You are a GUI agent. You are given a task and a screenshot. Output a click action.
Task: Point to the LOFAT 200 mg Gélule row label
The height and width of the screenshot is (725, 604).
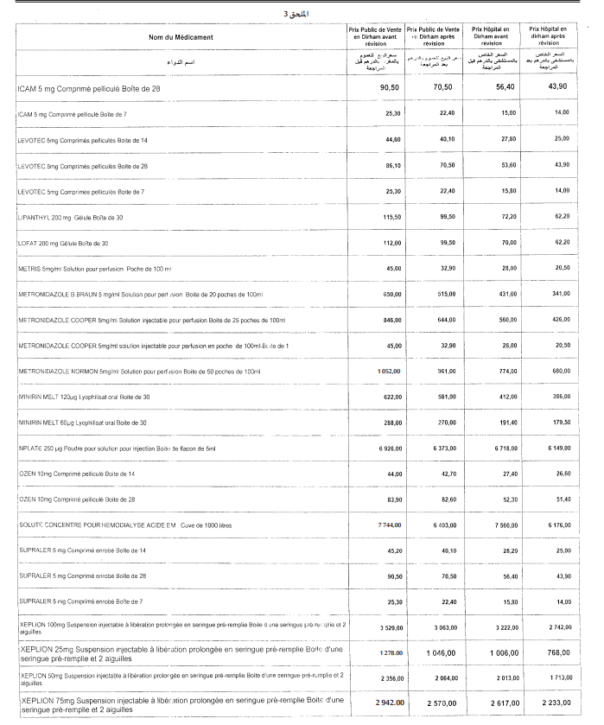click(63, 243)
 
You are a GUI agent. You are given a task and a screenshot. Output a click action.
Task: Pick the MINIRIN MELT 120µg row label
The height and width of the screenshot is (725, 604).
click(84, 397)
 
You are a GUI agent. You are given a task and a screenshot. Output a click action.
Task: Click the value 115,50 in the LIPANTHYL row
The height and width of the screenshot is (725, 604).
click(391, 217)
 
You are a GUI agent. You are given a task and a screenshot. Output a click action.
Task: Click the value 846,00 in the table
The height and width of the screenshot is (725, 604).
click(392, 320)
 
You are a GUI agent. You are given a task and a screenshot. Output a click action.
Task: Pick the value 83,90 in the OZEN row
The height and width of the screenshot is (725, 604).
click(393, 499)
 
